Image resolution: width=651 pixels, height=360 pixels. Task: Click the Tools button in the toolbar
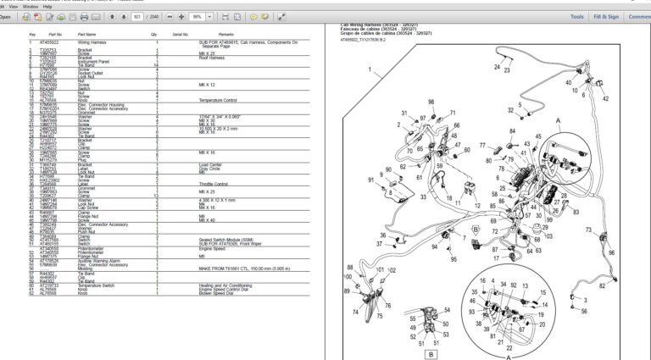point(576,17)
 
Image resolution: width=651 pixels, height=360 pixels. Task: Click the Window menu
point(31,6)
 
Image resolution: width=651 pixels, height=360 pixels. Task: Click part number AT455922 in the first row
point(50,41)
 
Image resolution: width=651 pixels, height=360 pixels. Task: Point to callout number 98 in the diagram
point(431,102)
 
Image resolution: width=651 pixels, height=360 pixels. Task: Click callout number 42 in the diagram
point(605,99)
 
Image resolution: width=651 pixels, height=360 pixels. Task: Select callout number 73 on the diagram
point(589,230)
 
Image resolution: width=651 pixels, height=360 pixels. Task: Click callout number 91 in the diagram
point(370,180)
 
